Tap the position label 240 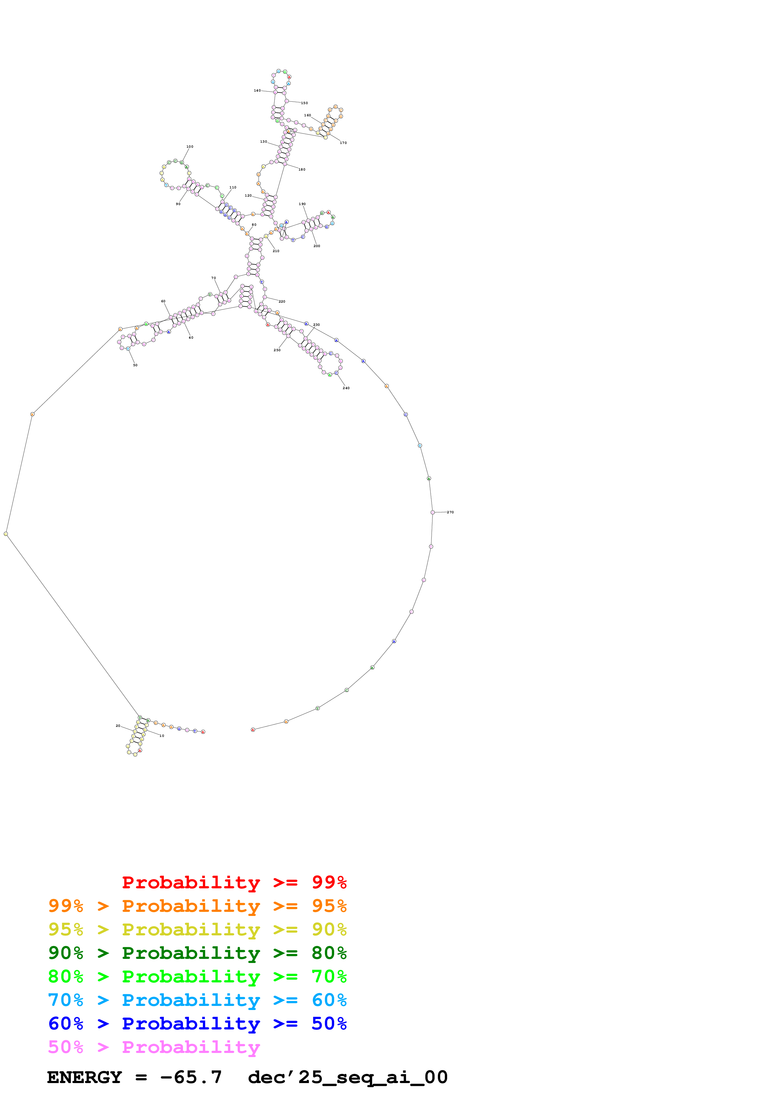click(346, 388)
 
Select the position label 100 click(190, 147)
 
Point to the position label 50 click(135, 365)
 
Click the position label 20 click(118, 726)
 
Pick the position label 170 click(343, 143)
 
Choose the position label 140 click(257, 91)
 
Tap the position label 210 click(276, 251)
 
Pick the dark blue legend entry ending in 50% click(197, 1023)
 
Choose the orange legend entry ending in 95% click(197, 906)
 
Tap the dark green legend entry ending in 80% click(197, 953)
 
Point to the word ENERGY click(84, 1077)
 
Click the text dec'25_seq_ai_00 click(347, 1077)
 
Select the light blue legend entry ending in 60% click(197, 1000)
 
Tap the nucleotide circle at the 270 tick click(433, 512)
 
